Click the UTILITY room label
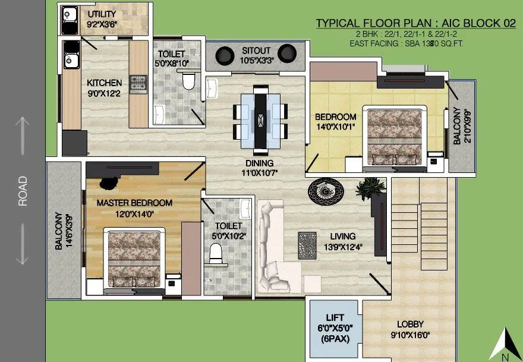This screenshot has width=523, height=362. [102, 14]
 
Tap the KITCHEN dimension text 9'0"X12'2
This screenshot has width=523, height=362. [104, 93]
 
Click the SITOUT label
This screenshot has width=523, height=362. [255, 50]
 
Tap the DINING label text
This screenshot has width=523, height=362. [260, 163]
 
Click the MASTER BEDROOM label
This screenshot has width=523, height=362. [134, 203]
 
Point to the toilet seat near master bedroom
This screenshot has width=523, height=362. [216, 254]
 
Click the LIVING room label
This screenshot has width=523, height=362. [335, 236]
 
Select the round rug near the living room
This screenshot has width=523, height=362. [325, 191]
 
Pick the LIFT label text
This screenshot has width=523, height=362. [335, 317]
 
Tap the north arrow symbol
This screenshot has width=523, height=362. [505, 344]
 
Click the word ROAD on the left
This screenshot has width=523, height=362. [23, 191]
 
